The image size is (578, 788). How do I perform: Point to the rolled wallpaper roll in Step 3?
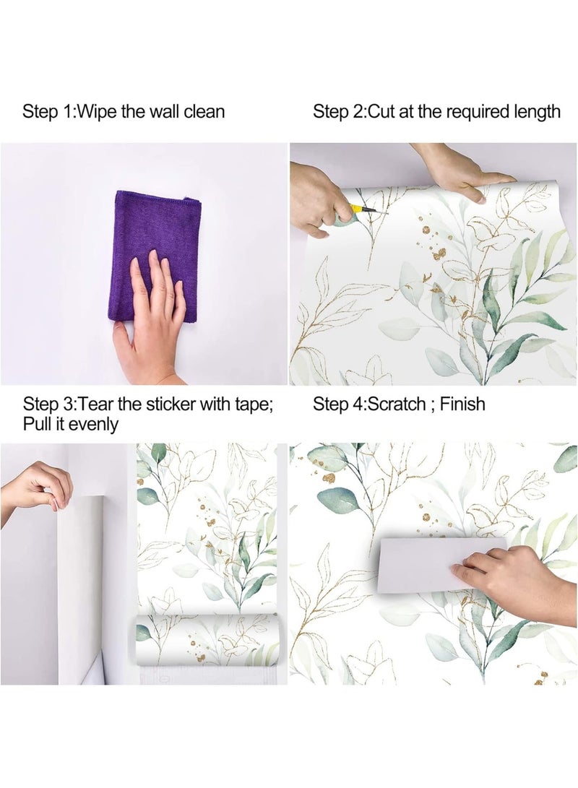(x=206, y=639)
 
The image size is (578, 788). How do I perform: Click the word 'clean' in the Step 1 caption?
(x=203, y=112)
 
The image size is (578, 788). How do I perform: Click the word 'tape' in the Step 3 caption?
(x=252, y=403)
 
